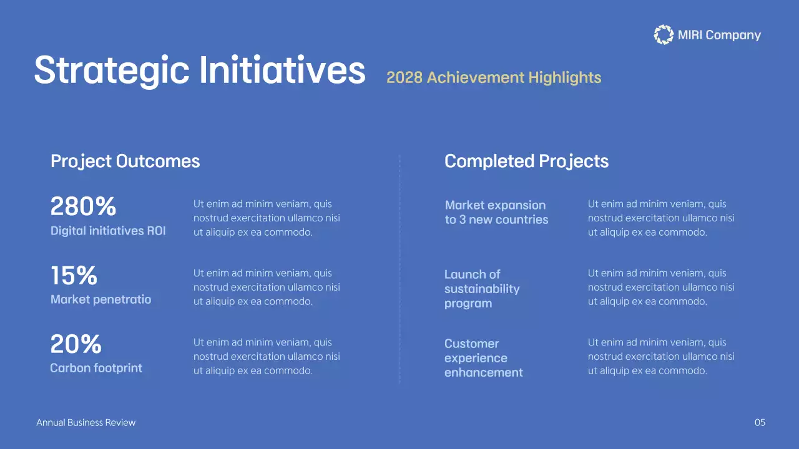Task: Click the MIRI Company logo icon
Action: (664, 35)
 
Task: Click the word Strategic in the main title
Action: (111, 70)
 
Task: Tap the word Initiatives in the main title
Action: (282, 70)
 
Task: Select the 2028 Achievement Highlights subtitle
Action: (494, 77)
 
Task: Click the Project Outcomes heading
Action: (125, 161)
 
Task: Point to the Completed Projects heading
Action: (526, 161)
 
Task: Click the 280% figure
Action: (83, 206)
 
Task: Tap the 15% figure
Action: (74, 276)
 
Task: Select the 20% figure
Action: (76, 344)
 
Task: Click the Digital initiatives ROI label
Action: (108, 231)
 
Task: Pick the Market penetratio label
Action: (100, 299)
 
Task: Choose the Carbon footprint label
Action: (96, 368)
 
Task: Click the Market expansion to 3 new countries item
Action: (496, 212)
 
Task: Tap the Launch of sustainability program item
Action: (481, 289)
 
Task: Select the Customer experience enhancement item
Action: (483, 358)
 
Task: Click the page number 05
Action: (760, 423)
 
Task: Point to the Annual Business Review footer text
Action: (86, 423)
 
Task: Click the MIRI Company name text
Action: (719, 35)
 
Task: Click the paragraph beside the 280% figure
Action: (267, 218)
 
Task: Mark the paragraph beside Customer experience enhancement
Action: (661, 357)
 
